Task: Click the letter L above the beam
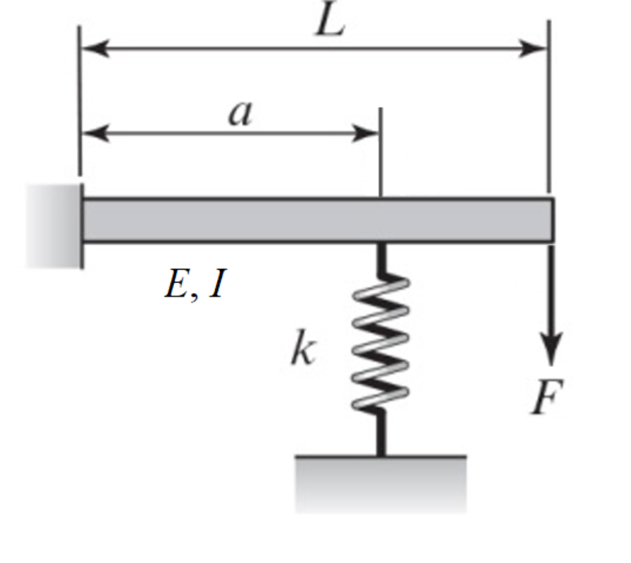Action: [330, 23]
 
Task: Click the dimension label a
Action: [240, 113]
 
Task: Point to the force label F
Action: [547, 396]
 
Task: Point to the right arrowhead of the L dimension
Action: [533, 49]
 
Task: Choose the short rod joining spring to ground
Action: [380, 433]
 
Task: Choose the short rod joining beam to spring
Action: [380, 258]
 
